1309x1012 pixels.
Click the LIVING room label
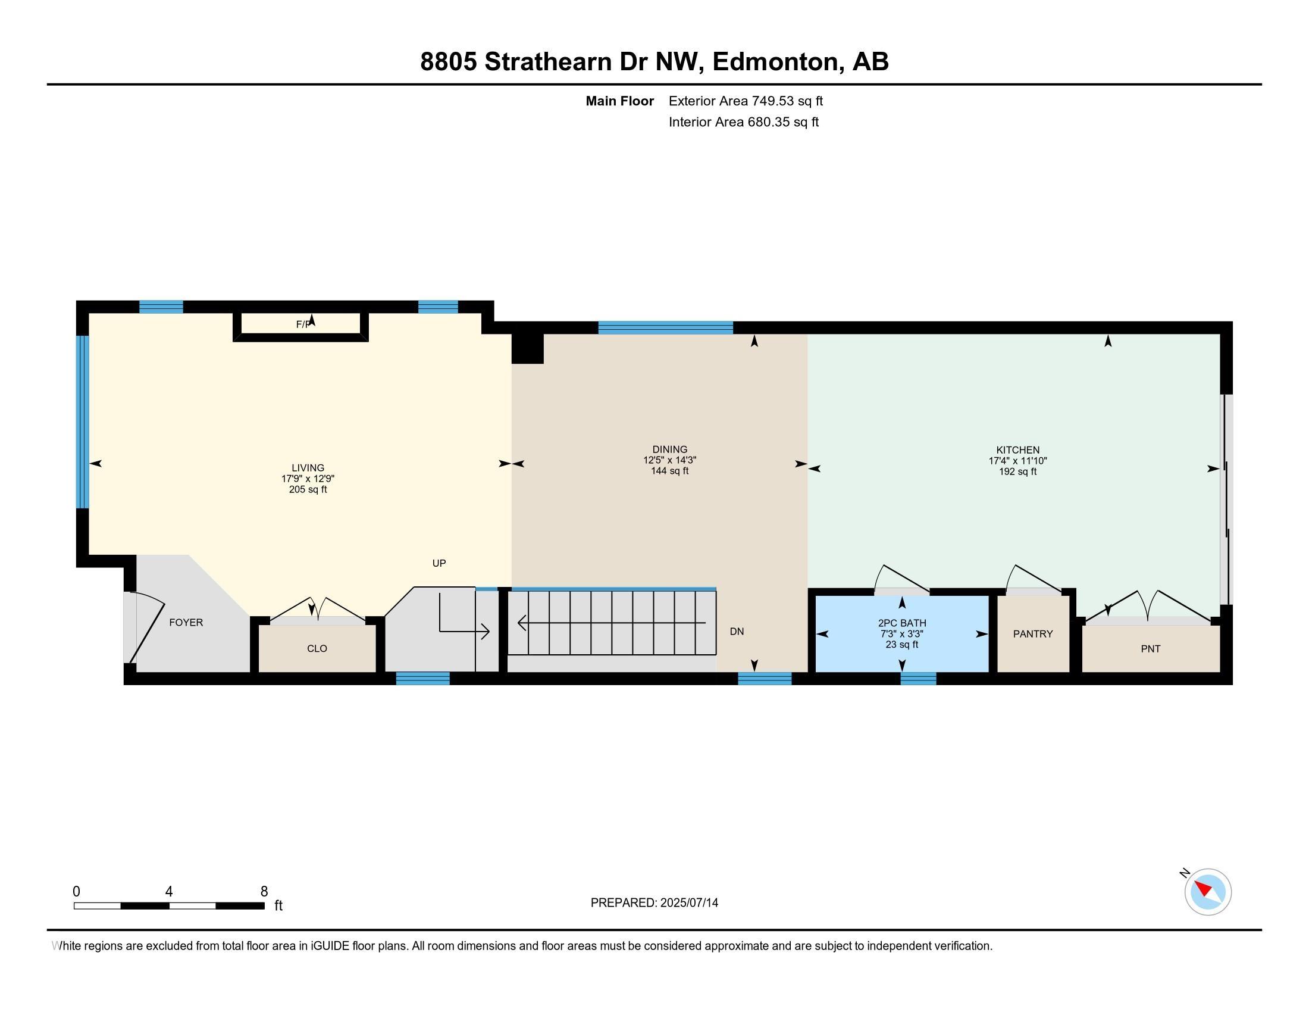coord(308,468)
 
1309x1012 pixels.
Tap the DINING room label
coord(669,449)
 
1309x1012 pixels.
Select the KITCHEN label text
coord(1017,449)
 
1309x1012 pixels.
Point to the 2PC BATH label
coord(901,623)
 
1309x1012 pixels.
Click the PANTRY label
coord(1033,634)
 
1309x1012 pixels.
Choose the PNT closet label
coord(1150,648)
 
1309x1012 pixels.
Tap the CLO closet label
coord(317,648)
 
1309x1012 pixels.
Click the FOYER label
coord(186,622)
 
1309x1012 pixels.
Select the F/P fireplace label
coord(304,324)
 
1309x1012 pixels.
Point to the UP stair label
coord(439,563)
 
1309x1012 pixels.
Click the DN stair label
coord(737,631)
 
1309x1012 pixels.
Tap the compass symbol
coord(1207,892)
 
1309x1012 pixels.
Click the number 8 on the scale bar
coord(264,892)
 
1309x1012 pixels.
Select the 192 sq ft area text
coord(1017,472)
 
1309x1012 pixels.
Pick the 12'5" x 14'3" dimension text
coord(669,460)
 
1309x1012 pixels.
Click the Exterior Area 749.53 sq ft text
coord(746,101)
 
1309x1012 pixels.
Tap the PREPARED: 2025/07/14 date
coord(654,903)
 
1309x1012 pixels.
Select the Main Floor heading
coord(619,101)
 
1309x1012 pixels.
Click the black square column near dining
coord(527,348)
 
